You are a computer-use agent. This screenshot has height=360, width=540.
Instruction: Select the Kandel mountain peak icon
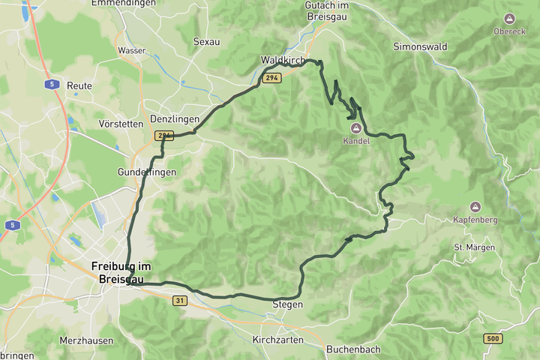pyautogui.click(x=355, y=128)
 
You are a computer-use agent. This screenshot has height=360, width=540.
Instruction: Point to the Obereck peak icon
pyautogui.click(x=510, y=18)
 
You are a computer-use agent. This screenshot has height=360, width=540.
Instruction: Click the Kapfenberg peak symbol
pyautogui.click(x=475, y=206)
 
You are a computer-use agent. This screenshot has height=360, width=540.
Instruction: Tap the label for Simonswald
pyautogui.click(x=420, y=46)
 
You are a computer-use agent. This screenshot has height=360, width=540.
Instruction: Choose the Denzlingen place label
pyautogui.click(x=175, y=119)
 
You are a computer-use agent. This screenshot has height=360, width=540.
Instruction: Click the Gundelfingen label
pyautogui.click(x=146, y=172)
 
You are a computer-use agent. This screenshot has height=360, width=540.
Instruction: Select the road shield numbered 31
pyautogui.click(x=179, y=300)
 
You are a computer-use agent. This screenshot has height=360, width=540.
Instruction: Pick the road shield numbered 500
pyautogui.click(x=493, y=339)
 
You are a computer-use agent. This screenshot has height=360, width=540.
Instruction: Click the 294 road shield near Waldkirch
pyautogui.click(x=271, y=78)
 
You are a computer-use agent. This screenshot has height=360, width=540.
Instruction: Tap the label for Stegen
pyautogui.click(x=287, y=304)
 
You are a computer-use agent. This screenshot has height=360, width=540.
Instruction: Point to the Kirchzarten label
pyautogui.click(x=278, y=340)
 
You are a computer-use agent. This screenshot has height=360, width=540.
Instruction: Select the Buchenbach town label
pyautogui.click(x=353, y=349)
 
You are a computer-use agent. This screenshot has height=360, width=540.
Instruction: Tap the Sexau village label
pyautogui.click(x=206, y=42)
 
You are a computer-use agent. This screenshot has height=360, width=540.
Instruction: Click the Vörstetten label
pyautogui.click(x=120, y=123)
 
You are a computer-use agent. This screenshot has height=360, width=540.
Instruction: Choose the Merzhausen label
pyautogui.click(x=86, y=340)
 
